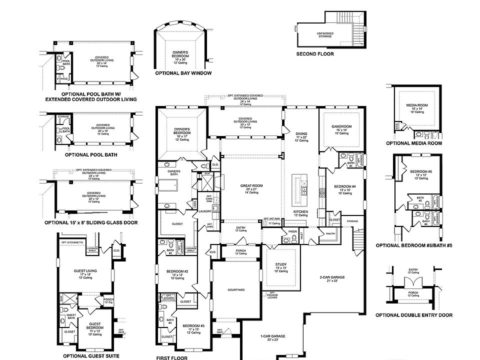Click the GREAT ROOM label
pyautogui.click(x=251, y=185)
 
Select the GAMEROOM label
pyautogui.click(x=342, y=126)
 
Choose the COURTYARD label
pyautogui.click(x=236, y=289)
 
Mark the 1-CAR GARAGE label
pyautogui.click(x=272, y=336)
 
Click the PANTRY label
pyautogui.click(x=330, y=233)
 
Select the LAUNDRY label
pyautogui.click(x=205, y=211)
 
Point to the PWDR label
pyautogui.click(x=293, y=231)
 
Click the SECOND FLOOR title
pyautogui.click(x=315, y=53)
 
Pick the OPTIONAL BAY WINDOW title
pyautogui.click(x=183, y=73)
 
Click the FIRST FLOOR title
pyautogui.click(x=171, y=358)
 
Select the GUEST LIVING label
pyautogui.click(x=84, y=270)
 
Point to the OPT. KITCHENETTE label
pyautogui.click(x=71, y=242)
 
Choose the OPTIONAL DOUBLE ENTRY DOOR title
pyautogui.click(x=414, y=315)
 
